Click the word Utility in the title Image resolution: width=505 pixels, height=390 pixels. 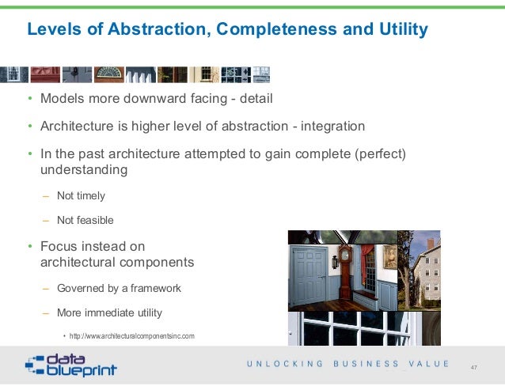point(401,30)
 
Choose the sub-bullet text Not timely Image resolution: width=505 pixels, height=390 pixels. point(80,195)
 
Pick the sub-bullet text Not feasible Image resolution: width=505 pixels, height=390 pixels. point(85,220)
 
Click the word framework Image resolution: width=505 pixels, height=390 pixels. point(154,288)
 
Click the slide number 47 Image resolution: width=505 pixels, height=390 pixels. point(474,368)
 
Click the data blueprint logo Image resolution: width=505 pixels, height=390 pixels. point(71,365)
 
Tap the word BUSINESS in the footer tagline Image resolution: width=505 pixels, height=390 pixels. point(367,364)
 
